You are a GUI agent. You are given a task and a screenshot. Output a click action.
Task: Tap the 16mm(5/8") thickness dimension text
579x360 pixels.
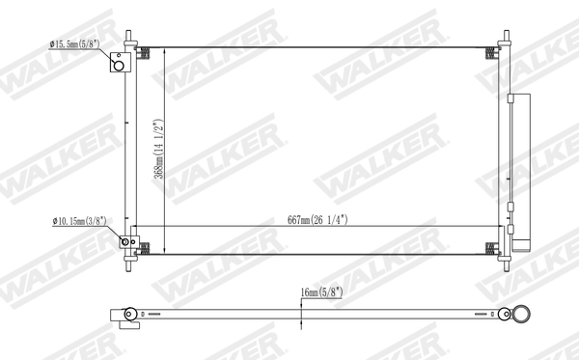(323, 290)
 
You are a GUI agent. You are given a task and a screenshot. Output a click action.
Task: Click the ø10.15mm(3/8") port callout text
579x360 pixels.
(80, 222)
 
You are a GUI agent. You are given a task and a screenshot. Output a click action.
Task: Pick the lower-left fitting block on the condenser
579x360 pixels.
(124, 243)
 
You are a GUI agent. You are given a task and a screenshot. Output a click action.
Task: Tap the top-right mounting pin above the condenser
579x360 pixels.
(505, 42)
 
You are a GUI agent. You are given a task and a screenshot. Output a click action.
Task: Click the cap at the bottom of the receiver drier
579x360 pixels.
(520, 244)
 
